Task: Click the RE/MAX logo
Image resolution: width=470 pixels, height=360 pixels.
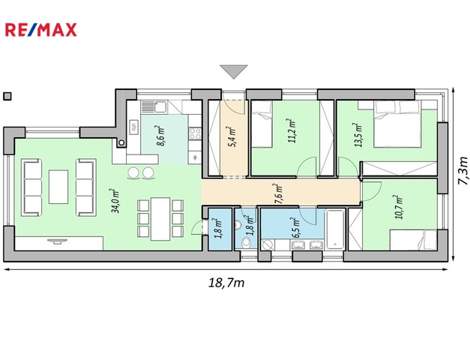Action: click(40, 30)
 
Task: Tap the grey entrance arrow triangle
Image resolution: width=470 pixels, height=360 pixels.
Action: click(234, 71)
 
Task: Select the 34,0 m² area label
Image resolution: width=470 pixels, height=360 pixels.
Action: click(115, 201)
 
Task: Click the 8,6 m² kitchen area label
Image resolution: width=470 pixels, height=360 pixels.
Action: click(161, 136)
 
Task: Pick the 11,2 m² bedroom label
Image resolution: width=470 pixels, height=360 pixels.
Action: click(292, 130)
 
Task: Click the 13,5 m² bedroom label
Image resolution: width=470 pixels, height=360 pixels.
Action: click(359, 135)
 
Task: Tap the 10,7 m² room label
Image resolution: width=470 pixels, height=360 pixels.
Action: click(400, 207)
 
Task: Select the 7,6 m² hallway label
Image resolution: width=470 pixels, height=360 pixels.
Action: click(279, 193)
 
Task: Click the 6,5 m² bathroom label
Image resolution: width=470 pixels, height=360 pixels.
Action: click(296, 227)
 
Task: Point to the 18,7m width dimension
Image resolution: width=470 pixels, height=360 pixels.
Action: click(226, 283)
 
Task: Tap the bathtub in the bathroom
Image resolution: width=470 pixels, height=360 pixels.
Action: click(334, 229)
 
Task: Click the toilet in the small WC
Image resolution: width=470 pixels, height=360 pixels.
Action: click(246, 242)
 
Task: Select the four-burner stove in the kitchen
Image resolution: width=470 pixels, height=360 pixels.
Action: click(195, 133)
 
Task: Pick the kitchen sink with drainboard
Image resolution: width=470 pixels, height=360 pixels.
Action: click(154, 106)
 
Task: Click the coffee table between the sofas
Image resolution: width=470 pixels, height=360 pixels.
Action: click(58, 187)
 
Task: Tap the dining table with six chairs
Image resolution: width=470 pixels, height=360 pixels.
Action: click(160, 219)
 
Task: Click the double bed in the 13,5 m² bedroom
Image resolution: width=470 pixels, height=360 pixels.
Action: click(397, 124)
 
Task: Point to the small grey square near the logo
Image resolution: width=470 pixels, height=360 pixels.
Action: click(7, 96)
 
